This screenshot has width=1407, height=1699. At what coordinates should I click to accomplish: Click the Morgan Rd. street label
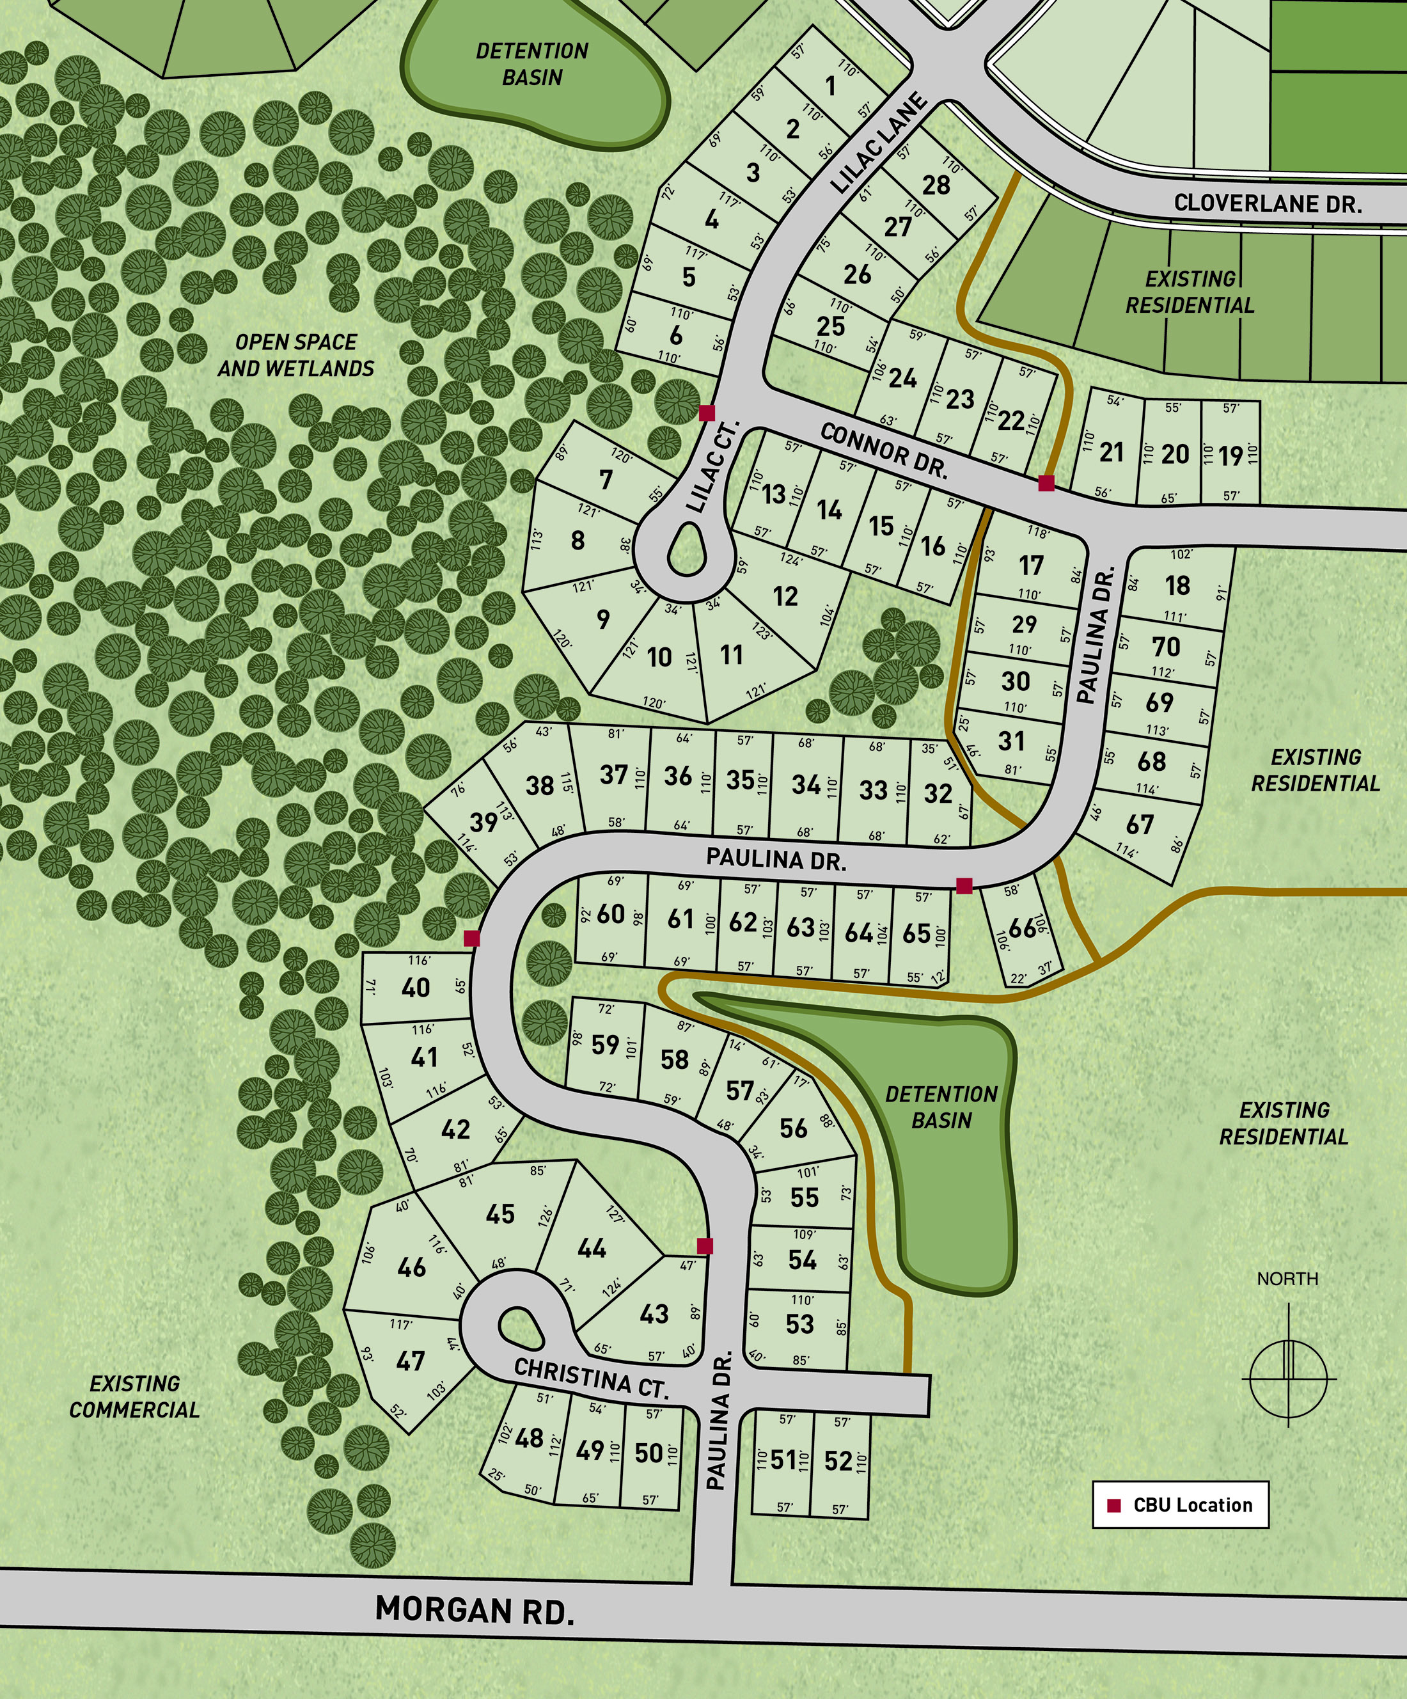475,1609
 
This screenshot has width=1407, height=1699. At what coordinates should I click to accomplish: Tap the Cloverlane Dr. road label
1267,203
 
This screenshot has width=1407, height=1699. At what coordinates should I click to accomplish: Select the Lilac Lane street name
879,143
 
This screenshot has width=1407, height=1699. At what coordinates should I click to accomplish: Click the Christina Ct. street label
592,1379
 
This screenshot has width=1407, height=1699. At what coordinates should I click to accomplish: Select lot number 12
785,596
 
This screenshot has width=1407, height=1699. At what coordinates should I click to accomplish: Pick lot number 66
1023,928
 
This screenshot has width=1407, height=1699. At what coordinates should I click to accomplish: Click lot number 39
483,822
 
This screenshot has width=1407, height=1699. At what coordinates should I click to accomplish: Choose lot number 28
936,186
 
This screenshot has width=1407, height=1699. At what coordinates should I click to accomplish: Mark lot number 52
838,1460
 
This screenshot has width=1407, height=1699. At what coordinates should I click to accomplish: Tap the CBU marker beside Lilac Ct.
706,413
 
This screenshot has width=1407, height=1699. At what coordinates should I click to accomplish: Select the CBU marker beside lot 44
705,1246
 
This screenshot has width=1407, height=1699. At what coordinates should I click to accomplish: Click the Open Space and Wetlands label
296,355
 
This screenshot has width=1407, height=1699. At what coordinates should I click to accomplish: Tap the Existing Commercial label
134,1396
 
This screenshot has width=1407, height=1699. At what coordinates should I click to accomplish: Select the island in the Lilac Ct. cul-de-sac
688,550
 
